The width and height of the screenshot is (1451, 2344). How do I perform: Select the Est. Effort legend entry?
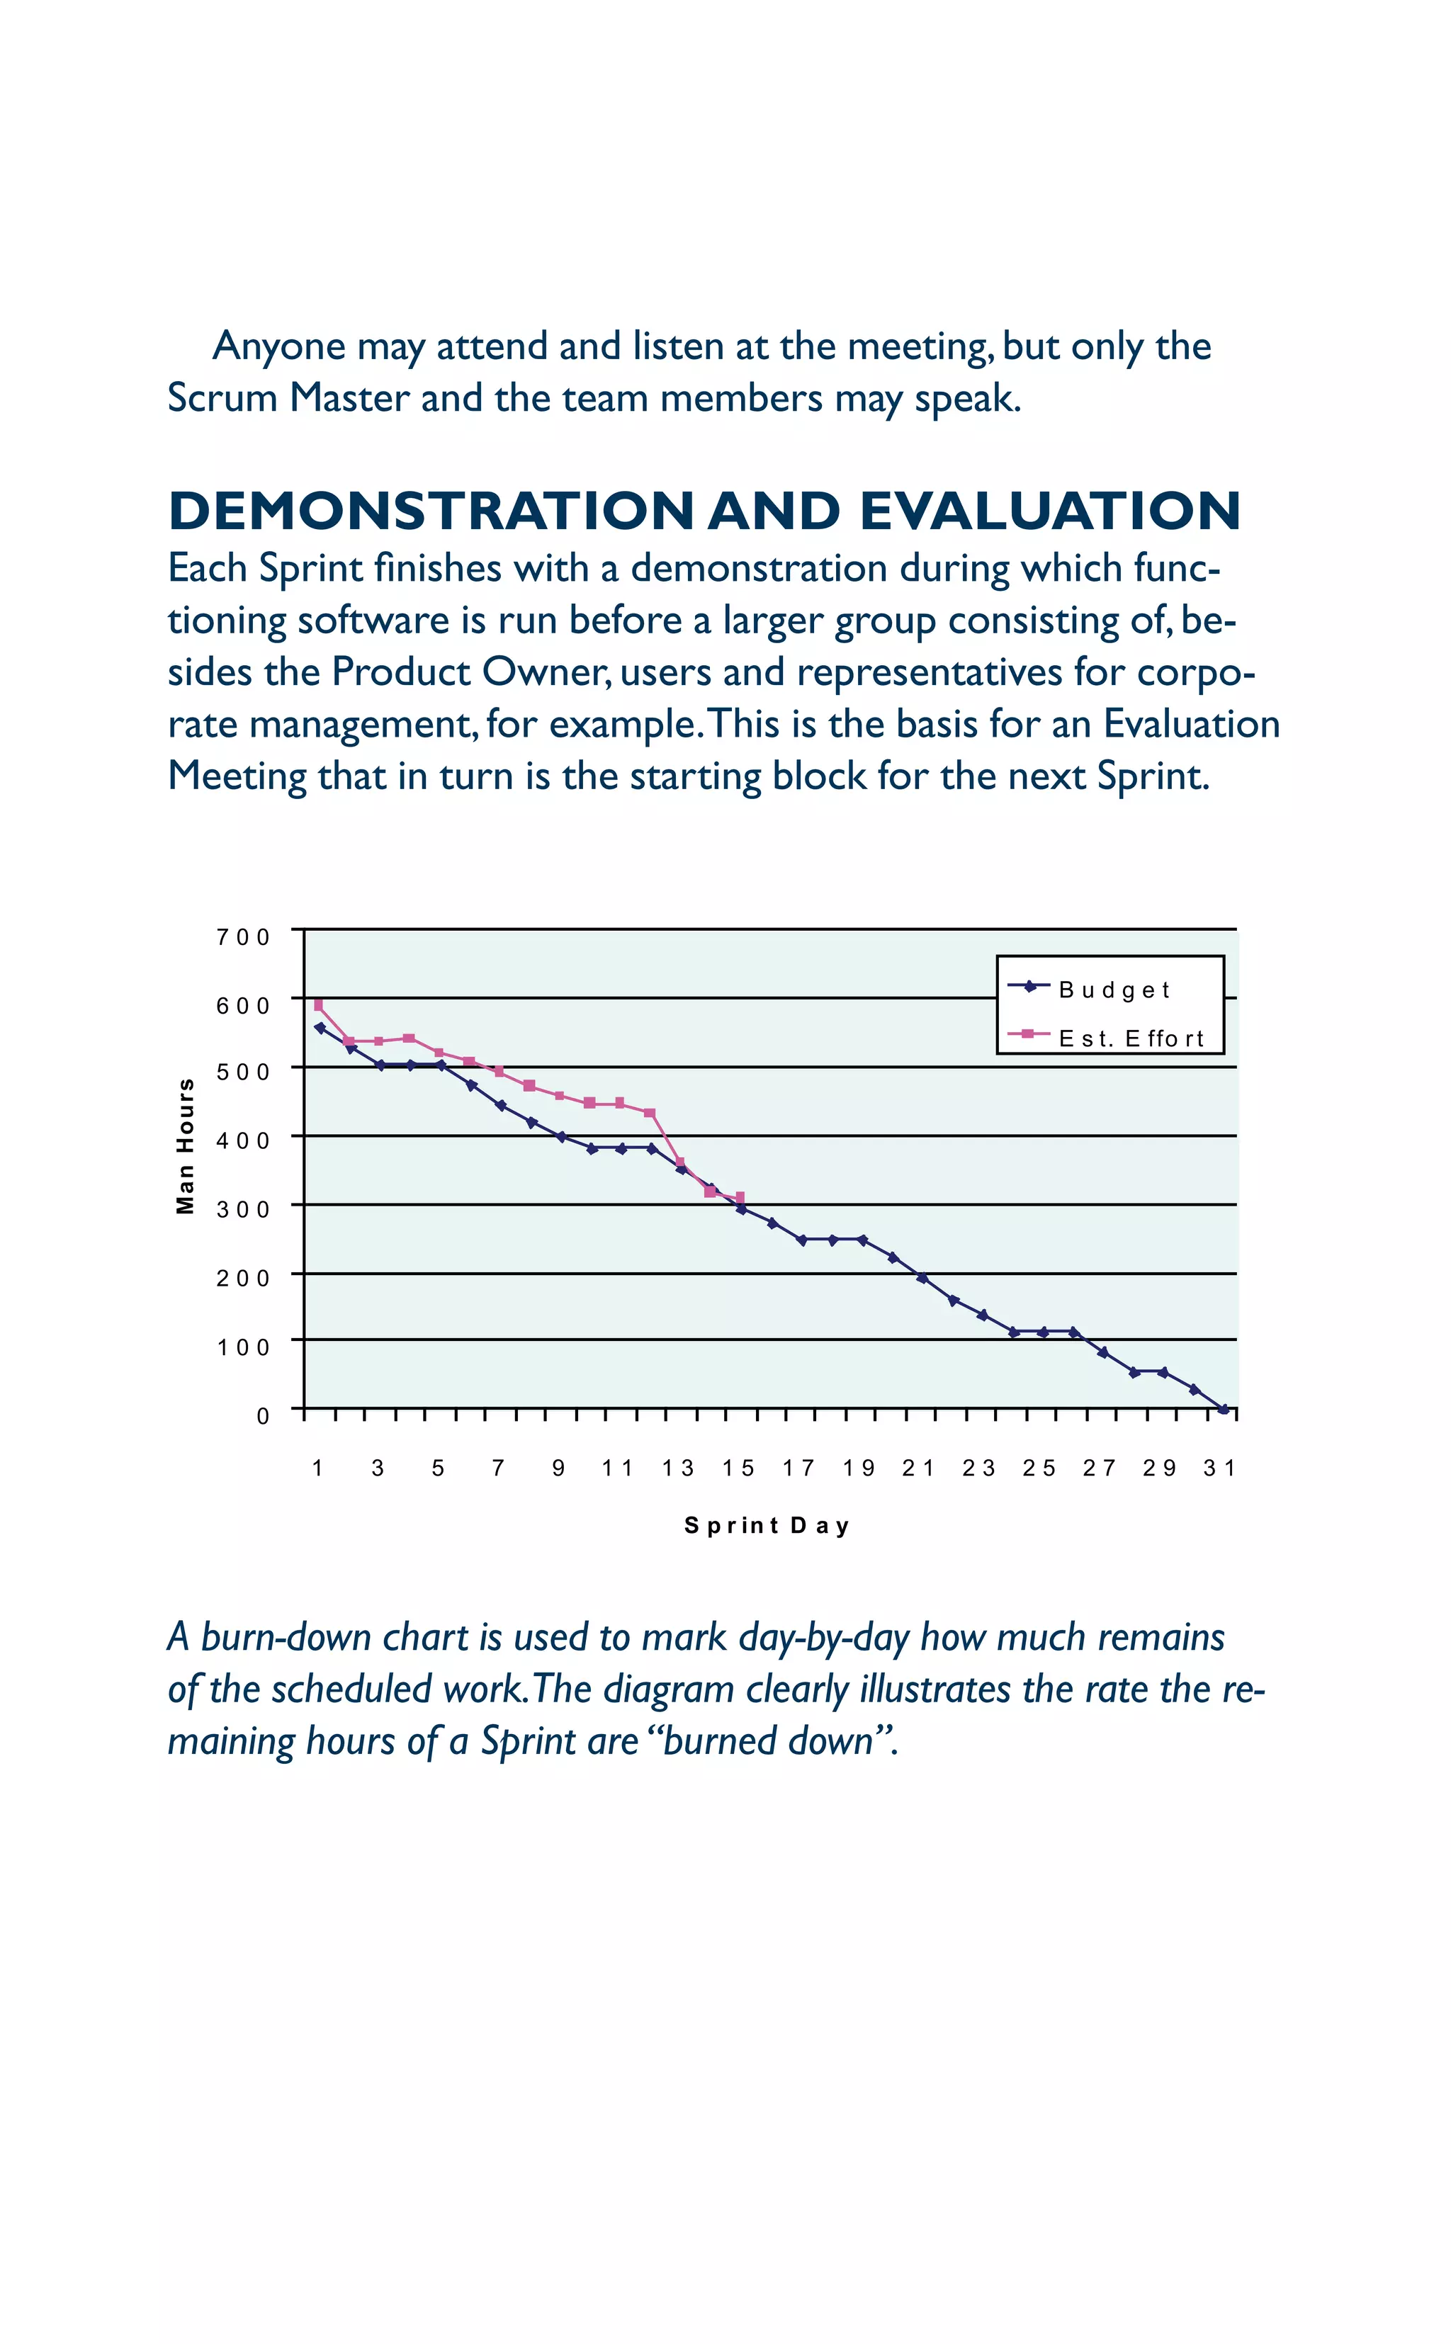pos(1131,1038)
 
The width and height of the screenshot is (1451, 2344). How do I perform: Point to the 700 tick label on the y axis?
pos(244,936)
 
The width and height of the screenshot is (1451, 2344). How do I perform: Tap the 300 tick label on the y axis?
pos(244,1209)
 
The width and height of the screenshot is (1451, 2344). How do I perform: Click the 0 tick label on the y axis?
pos(263,1416)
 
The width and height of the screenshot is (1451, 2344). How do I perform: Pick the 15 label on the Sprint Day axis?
pos(739,1468)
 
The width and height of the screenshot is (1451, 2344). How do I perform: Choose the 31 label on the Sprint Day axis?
pos(1220,1468)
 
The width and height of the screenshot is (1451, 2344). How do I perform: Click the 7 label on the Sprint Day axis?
pos(498,1468)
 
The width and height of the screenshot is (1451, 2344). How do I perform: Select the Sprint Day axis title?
pos(767,1526)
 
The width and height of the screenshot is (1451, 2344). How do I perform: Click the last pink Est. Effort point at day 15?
pos(740,1197)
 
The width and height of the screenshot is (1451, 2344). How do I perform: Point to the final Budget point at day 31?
pos(1224,1410)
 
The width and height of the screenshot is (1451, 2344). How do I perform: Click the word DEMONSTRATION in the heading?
pos(431,511)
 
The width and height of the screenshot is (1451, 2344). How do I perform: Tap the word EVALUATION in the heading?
pos(1050,511)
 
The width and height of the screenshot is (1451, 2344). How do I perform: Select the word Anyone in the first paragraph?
pos(278,346)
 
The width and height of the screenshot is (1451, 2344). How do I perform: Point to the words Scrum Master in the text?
pos(288,398)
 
